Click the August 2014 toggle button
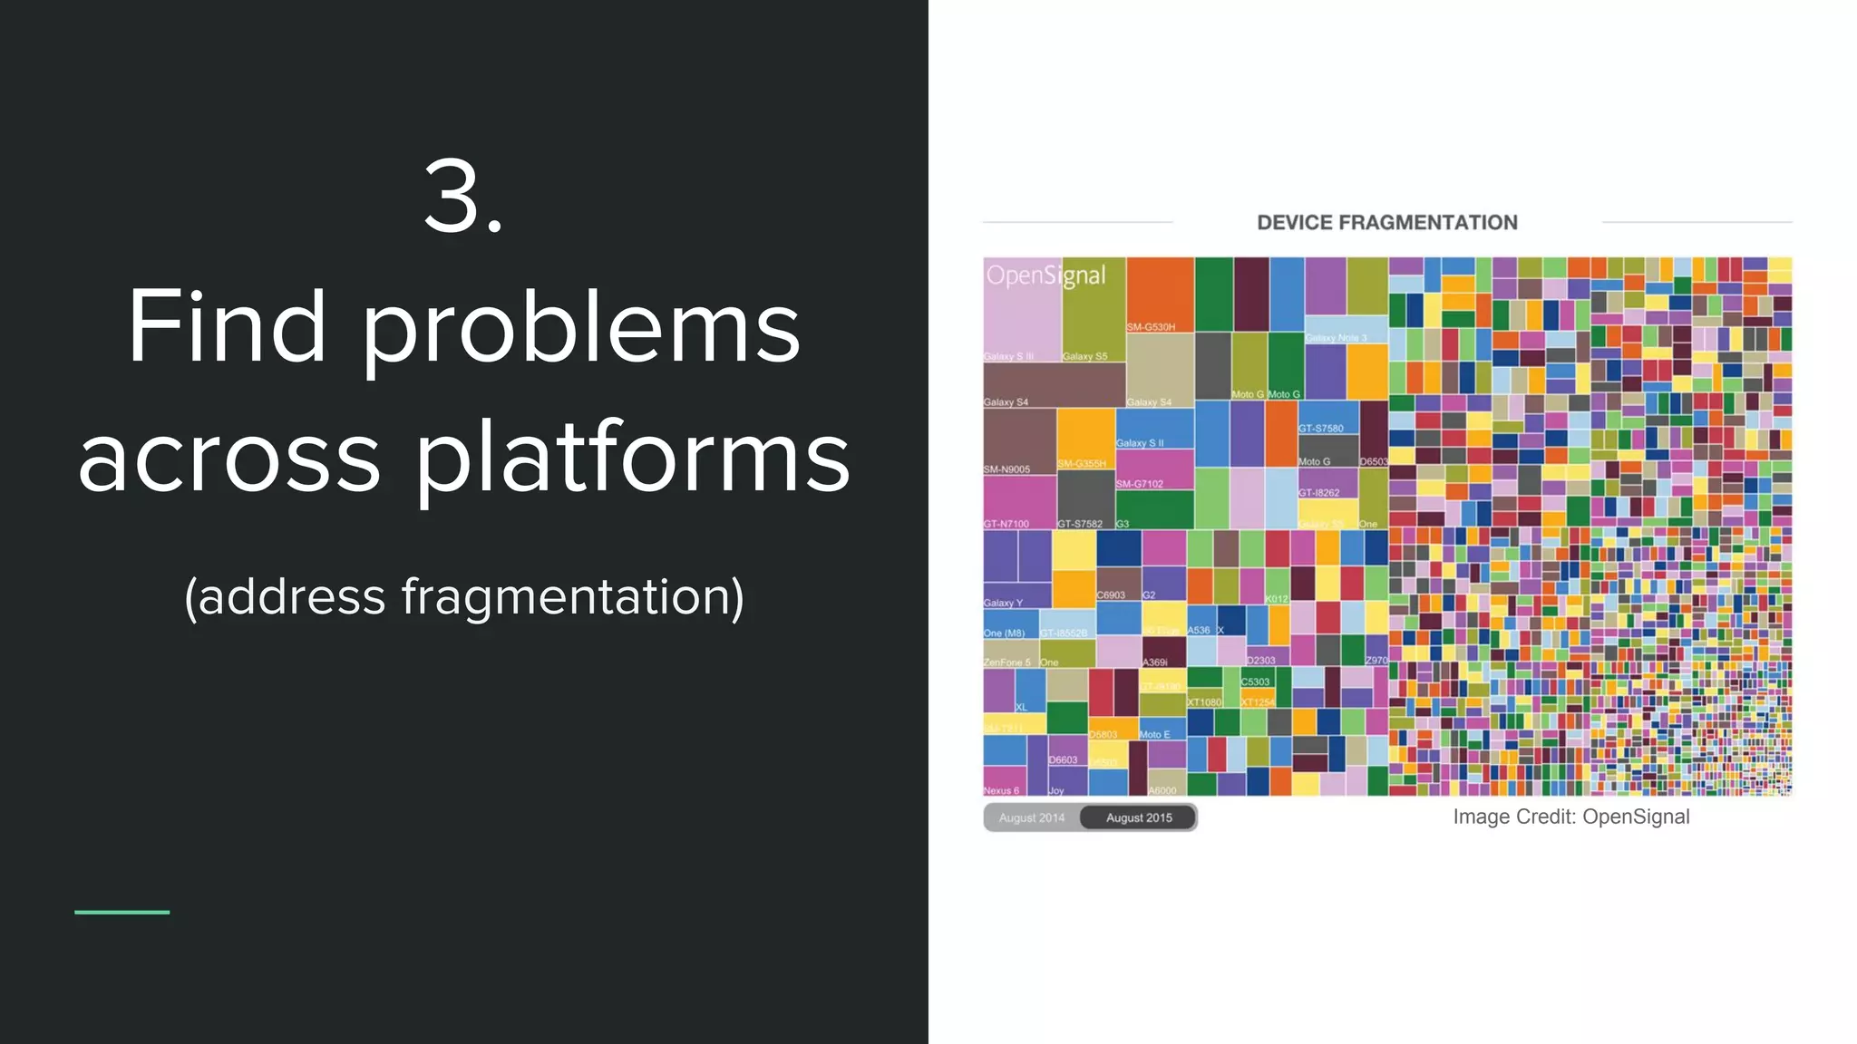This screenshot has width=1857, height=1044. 1032,817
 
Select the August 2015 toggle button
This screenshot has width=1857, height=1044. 1139,817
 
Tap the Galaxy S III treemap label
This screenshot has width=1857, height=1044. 1008,356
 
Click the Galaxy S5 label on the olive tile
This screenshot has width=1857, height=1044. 1084,356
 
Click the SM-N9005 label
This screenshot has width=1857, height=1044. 1006,469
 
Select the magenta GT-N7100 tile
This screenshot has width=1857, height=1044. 1019,498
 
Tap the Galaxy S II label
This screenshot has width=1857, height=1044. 1140,443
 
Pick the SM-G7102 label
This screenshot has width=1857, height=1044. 1139,484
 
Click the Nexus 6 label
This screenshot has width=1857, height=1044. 1001,790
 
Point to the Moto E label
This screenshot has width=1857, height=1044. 1154,734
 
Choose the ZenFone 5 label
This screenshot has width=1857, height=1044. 1006,662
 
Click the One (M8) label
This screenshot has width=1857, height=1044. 1004,633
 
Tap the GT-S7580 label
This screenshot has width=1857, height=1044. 1321,428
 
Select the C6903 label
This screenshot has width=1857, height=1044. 1111,595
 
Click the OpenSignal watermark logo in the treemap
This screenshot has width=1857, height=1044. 1045,275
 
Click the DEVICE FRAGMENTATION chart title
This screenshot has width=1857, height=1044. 1386,223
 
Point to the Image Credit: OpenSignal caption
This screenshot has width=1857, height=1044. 1570,817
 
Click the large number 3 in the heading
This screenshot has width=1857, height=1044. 462,197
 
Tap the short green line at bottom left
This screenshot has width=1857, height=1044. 122,912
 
